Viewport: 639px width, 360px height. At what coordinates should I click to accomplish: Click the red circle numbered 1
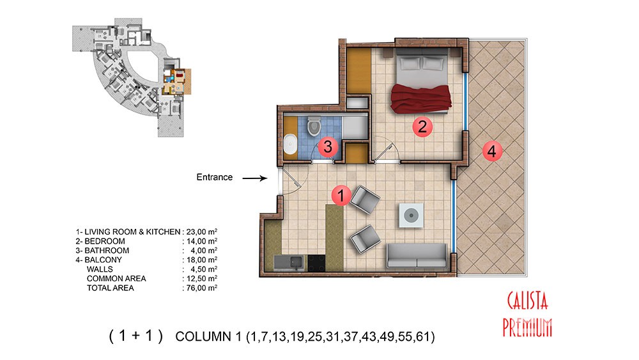tap(341, 195)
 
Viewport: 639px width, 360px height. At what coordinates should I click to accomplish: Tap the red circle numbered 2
tap(422, 127)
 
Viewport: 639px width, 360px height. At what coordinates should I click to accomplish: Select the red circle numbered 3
tap(328, 146)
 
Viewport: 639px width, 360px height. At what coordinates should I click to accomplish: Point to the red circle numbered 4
tap(492, 152)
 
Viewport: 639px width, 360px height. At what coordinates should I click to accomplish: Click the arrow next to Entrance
tap(255, 178)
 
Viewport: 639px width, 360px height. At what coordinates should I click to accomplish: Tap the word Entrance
tap(214, 177)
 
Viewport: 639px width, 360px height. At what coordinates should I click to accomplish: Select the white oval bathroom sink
tap(290, 144)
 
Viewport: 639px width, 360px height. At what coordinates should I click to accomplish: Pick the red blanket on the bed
tap(421, 98)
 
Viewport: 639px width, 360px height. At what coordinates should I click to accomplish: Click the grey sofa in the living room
tap(417, 256)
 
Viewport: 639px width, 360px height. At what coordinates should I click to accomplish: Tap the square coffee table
tap(411, 215)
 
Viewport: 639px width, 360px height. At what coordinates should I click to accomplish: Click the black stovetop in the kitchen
tap(316, 263)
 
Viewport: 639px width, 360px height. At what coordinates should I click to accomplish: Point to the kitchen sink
tap(289, 263)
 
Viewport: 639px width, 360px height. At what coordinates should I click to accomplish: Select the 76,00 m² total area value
tap(201, 288)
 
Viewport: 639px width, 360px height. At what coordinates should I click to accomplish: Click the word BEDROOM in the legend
tap(105, 241)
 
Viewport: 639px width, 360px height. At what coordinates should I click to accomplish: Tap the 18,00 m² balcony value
tap(201, 260)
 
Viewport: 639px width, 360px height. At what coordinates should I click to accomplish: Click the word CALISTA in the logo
tap(527, 301)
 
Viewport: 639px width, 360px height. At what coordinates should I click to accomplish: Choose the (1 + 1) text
tap(135, 336)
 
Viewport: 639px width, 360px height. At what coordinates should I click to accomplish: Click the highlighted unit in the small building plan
tap(177, 82)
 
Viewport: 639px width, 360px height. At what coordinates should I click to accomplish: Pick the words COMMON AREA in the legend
tap(116, 278)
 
